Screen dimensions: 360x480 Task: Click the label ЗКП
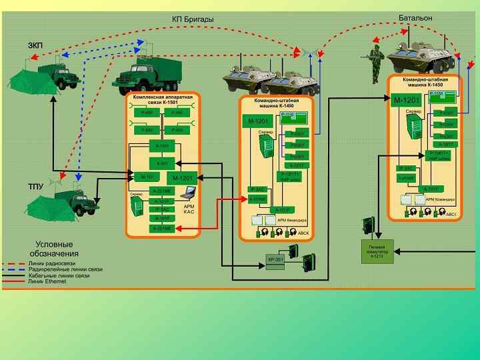(35, 45)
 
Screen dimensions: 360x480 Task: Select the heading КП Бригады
(193, 19)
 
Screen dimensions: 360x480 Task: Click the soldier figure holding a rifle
(375, 64)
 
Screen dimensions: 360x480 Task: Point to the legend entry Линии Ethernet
(48, 282)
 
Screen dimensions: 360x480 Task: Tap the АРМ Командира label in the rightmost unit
(440, 200)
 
